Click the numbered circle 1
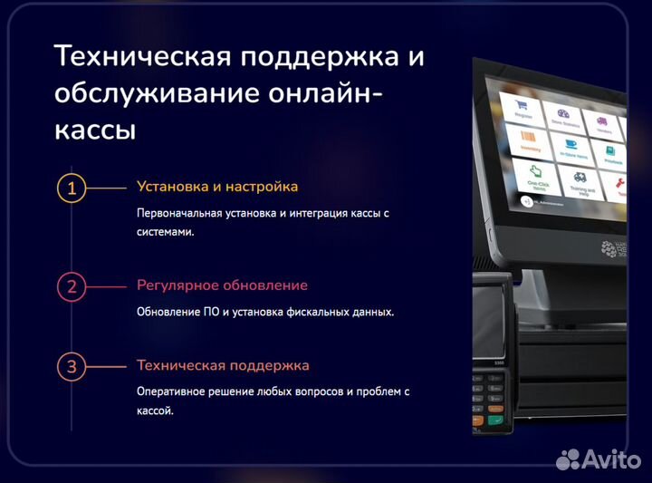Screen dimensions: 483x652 point(72,188)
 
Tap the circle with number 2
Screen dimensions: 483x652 point(72,287)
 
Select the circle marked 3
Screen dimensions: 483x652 point(72,367)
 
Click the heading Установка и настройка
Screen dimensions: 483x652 point(217,187)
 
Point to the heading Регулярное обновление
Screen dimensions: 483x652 point(222,285)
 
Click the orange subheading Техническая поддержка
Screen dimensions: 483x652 point(223,366)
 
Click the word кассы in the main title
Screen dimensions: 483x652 point(95,129)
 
